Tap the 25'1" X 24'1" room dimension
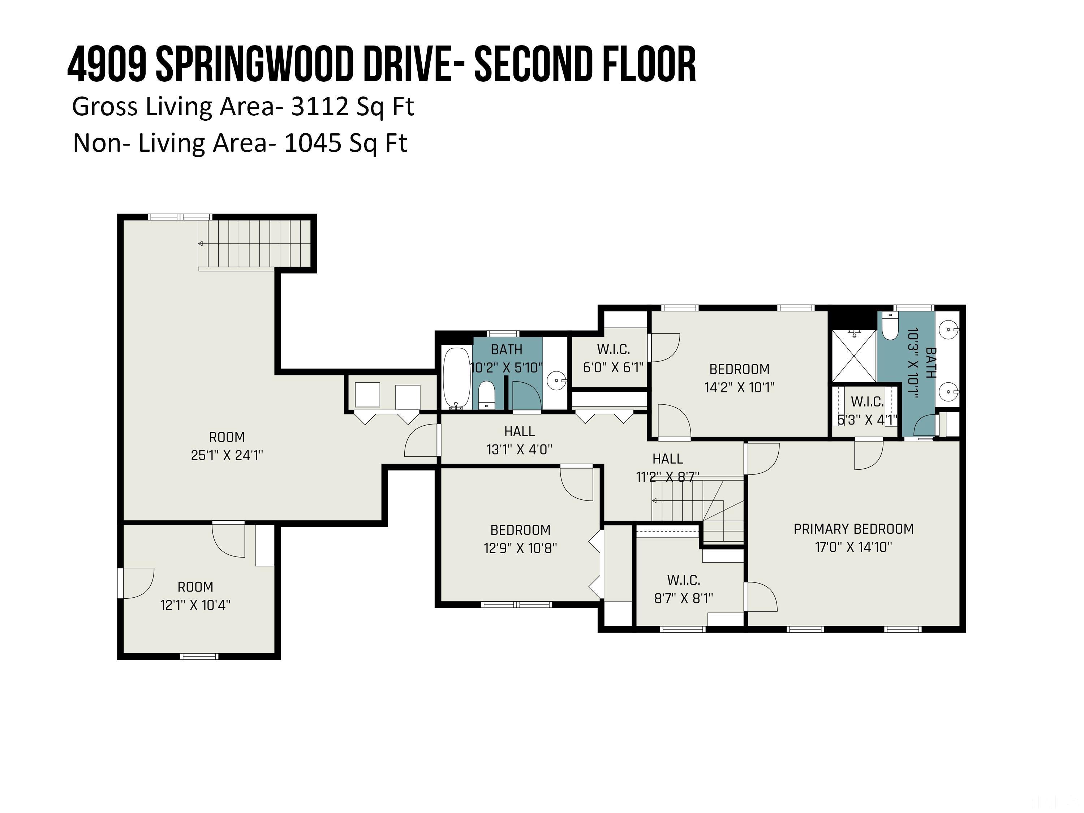[227, 455]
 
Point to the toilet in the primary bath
[890, 326]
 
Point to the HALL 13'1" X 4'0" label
[520, 440]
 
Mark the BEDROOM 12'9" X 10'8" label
[520, 539]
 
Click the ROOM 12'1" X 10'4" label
[195, 596]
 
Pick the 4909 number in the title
[107, 64]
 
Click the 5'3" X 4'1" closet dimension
[867, 420]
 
